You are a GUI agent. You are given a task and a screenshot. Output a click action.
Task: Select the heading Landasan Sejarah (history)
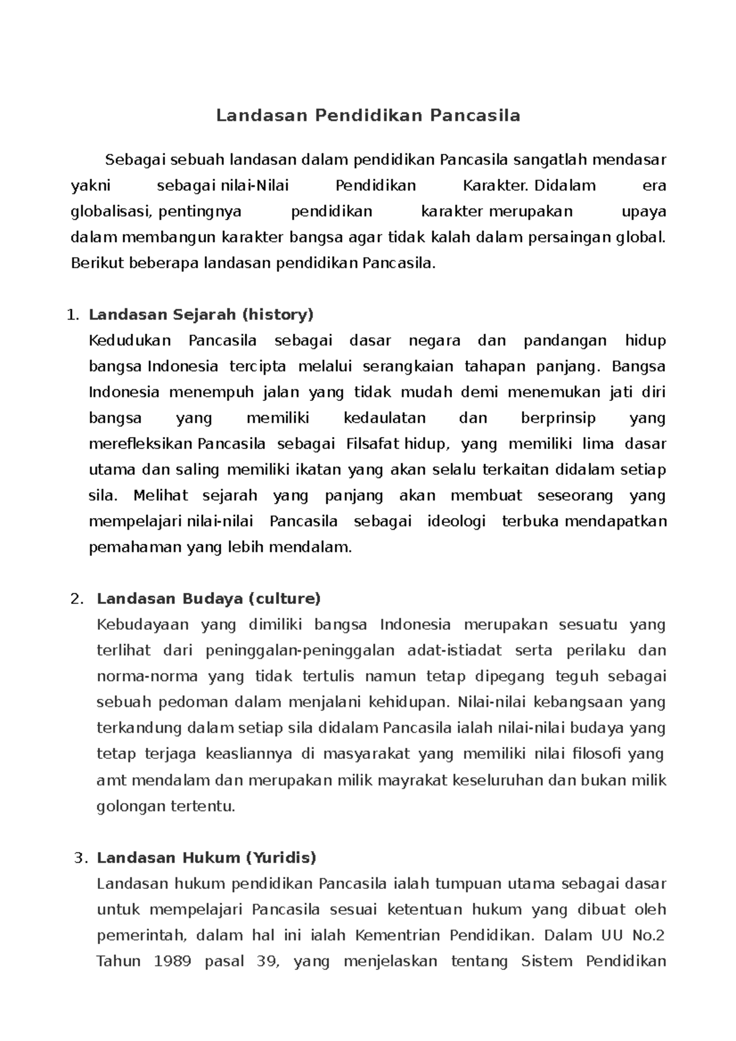click(201, 315)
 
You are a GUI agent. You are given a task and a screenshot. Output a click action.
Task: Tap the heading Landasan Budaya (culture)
click(209, 598)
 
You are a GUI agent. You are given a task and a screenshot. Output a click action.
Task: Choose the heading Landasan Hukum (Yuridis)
click(206, 858)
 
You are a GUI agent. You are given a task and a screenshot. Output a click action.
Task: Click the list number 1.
click(72, 316)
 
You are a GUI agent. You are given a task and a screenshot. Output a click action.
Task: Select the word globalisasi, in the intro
click(112, 212)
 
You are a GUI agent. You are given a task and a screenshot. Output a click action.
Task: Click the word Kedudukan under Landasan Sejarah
click(130, 341)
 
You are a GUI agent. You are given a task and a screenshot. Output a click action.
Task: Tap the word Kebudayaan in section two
click(143, 625)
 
